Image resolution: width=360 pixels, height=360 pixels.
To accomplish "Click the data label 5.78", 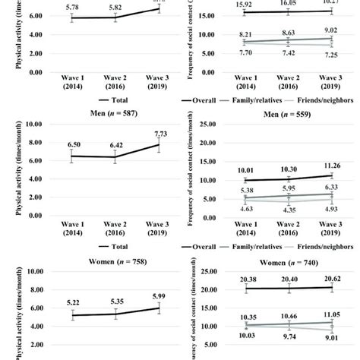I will click(x=71, y=8).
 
